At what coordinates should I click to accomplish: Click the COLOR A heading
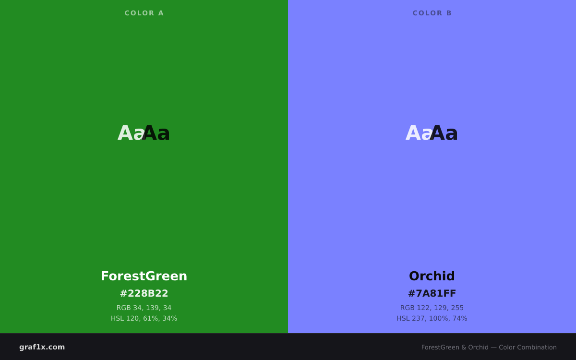[144, 13]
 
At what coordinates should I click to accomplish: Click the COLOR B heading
[432, 13]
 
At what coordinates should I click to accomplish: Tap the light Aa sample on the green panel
[131, 133]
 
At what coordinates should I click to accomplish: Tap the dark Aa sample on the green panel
[156, 133]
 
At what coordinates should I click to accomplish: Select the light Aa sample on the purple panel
[419, 133]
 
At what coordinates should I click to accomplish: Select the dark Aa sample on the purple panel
[444, 133]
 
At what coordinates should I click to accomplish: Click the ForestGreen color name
[144, 276]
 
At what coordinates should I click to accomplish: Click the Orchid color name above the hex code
[432, 276]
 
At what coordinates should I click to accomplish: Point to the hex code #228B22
[144, 293]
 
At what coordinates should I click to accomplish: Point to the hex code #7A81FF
[432, 293]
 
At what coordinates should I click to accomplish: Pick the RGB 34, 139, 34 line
[144, 308]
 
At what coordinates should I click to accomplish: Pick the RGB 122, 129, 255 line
[432, 308]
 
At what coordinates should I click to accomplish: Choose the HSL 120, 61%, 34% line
[144, 318]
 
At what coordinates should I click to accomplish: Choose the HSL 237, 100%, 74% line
[432, 318]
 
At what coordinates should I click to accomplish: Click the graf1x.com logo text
[42, 347]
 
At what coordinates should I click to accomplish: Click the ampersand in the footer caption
[464, 348]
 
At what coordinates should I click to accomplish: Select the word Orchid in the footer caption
[478, 348]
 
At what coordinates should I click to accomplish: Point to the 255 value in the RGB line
[458, 308]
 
